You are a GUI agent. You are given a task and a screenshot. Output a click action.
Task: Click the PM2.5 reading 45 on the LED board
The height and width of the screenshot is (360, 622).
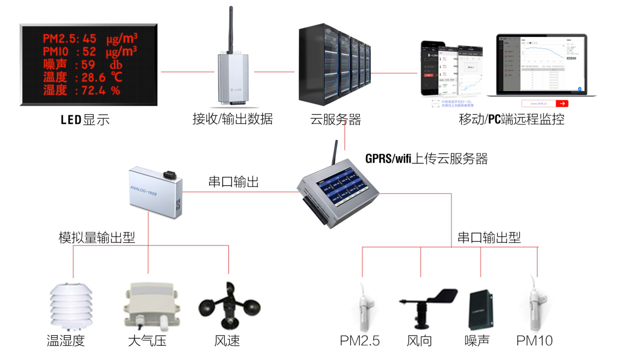(90, 39)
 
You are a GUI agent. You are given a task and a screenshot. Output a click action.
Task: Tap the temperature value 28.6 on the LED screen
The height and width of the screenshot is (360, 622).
(95, 78)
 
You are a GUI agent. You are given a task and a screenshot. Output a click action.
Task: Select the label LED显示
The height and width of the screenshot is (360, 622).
(84, 120)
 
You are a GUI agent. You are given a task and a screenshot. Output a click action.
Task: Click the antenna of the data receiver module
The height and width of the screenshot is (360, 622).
(231, 29)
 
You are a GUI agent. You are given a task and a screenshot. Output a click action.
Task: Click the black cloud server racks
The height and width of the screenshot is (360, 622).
(334, 64)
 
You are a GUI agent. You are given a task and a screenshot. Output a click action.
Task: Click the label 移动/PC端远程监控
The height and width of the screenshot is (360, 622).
(511, 120)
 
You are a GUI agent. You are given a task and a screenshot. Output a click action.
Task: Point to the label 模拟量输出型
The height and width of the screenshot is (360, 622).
(96, 237)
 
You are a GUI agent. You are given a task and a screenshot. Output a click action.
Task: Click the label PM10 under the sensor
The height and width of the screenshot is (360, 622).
(535, 340)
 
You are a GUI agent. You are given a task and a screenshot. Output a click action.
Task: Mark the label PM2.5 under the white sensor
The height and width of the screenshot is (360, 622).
(360, 340)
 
